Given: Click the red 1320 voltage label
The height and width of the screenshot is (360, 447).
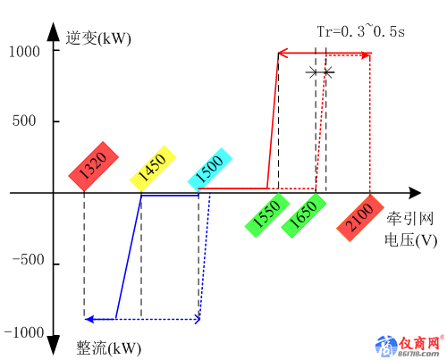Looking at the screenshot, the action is click(94, 166).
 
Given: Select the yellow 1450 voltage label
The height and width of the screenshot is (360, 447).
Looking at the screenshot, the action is click(153, 169).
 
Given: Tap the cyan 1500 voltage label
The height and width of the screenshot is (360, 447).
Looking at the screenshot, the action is click(210, 170).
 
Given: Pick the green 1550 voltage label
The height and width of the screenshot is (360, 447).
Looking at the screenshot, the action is click(267, 215).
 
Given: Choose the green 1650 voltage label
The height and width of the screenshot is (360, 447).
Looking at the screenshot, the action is click(304, 215).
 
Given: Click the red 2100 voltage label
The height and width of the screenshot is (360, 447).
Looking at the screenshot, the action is click(360, 218).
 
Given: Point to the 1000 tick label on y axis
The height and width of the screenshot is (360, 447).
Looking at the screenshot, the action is click(24, 52).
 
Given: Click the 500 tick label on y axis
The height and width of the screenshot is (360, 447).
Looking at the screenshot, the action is click(24, 121).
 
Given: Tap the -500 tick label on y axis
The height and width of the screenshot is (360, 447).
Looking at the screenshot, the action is click(28, 260).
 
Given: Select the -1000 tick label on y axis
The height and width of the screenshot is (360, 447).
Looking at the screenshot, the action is click(24, 332).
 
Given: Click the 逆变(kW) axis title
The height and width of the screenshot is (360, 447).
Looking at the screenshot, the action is click(98, 38).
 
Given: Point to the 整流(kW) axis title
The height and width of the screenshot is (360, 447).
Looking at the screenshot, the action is click(109, 347).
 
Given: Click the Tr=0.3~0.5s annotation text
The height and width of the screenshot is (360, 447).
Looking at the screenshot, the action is click(361, 31).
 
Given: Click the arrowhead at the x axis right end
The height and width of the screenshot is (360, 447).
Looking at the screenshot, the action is click(415, 193).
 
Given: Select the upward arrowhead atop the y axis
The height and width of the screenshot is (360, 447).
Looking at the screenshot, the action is click(54, 31).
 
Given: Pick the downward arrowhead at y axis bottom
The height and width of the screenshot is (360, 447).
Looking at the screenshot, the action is click(54, 346).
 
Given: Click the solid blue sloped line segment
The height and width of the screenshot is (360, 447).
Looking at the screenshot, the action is click(129, 257).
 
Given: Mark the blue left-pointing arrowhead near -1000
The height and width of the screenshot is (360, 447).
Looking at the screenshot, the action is click(89, 320).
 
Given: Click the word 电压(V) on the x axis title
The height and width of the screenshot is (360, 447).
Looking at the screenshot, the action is click(410, 240).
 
